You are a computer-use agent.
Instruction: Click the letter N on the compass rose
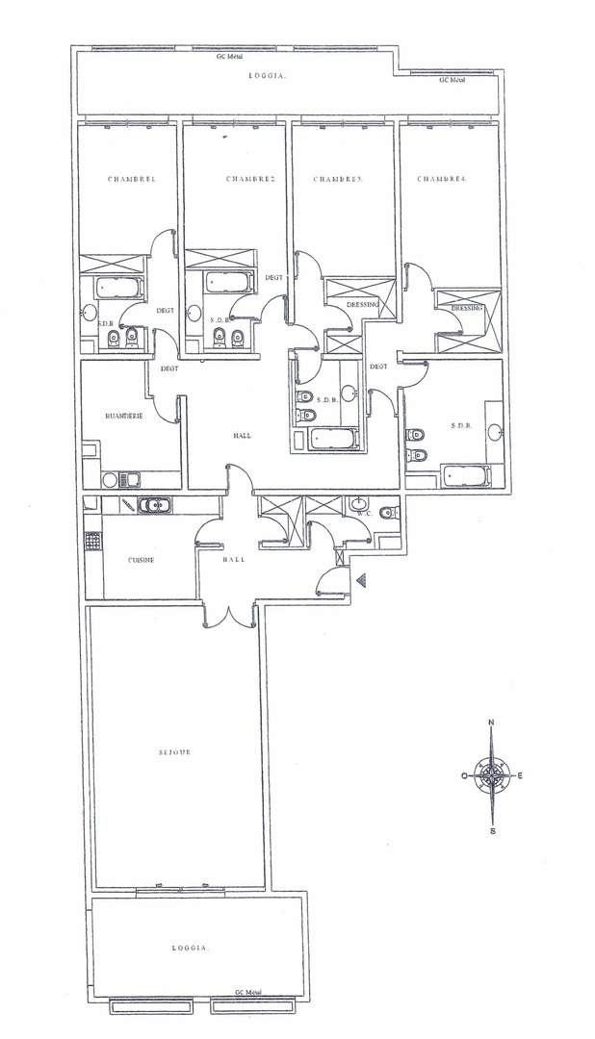point(491,722)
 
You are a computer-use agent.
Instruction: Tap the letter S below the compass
point(492,831)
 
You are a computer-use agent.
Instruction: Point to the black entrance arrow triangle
point(361,580)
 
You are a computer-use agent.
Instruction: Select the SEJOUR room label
point(175,752)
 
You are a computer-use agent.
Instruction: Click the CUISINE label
point(142,560)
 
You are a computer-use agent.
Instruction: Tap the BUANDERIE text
point(124,417)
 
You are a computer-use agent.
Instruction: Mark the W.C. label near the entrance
point(363,513)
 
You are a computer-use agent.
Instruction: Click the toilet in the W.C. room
point(389,512)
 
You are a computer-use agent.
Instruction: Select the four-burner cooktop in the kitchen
point(92,542)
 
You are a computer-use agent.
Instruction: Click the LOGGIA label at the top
point(268,76)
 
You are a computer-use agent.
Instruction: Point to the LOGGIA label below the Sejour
point(191,949)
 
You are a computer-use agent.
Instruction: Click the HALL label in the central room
point(242,436)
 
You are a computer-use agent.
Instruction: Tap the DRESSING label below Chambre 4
point(467,308)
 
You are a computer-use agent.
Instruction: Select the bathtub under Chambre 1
point(120,288)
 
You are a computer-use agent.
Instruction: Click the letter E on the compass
point(520,775)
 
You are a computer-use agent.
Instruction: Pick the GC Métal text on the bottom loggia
point(248,993)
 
